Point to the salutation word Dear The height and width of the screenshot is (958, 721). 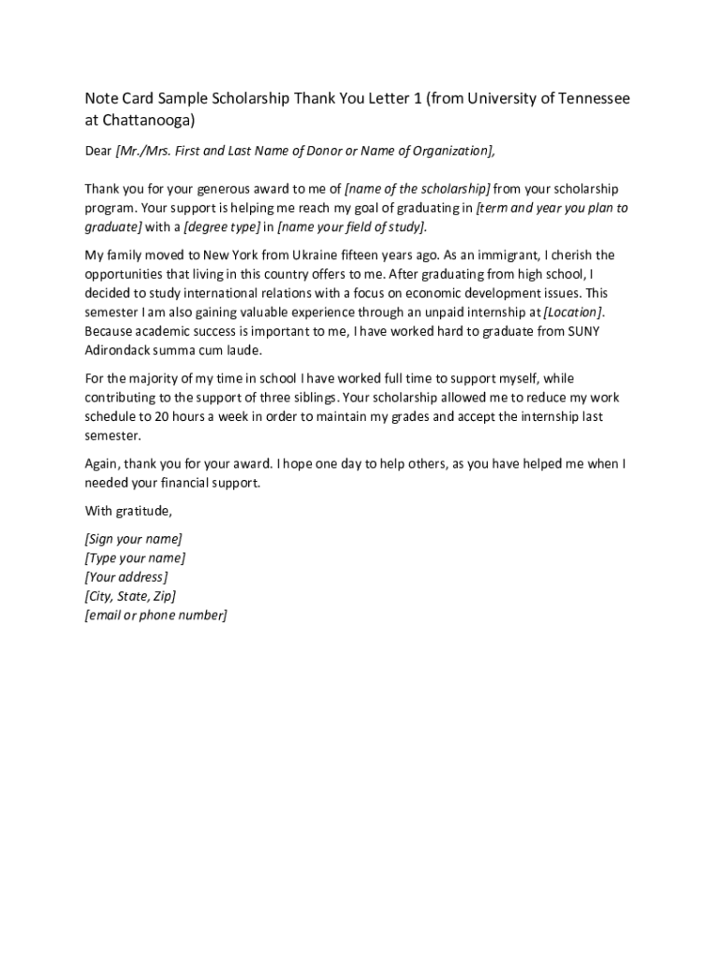coord(98,151)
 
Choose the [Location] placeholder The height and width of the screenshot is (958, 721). coord(574,312)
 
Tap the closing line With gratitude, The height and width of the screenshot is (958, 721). coord(129,511)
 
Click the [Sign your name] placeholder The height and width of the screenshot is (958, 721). coord(133,539)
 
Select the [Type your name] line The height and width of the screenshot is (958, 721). coord(135,559)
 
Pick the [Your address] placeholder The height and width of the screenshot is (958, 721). coord(126,577)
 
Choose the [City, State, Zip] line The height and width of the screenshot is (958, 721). coord(130,596)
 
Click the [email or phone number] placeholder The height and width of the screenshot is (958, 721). coord(155,615)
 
